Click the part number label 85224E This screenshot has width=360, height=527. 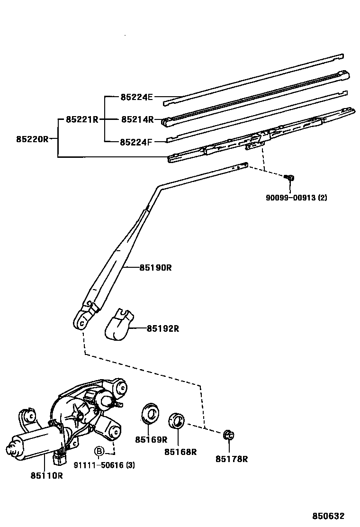136,97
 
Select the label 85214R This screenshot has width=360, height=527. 137,119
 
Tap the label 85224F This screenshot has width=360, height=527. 136,142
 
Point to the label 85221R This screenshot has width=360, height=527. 82,119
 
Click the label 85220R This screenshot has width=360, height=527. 32,139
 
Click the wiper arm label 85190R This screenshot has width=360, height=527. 155,268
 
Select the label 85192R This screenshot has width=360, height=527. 162,328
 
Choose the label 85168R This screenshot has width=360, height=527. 180,452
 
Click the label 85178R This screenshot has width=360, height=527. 232,458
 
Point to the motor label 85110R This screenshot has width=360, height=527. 46,475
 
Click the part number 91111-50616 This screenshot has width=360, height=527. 100,465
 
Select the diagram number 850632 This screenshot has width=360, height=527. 327,516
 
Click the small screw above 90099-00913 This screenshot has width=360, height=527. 290,178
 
